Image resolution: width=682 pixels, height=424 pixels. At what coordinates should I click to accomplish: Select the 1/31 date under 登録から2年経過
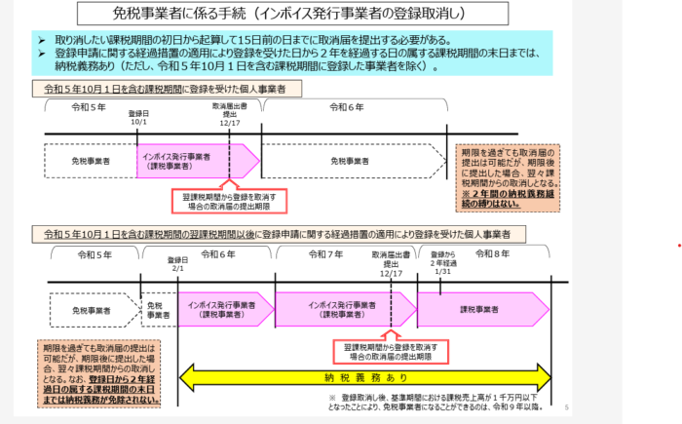443,271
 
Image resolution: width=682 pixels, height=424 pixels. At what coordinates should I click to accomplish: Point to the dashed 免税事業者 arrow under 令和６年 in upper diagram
355,160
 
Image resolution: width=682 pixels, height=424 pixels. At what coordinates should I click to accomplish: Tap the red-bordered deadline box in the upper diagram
229,202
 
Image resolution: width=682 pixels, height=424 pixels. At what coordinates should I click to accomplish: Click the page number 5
567,408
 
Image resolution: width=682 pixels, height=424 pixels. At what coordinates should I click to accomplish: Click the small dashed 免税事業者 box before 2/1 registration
160,310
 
